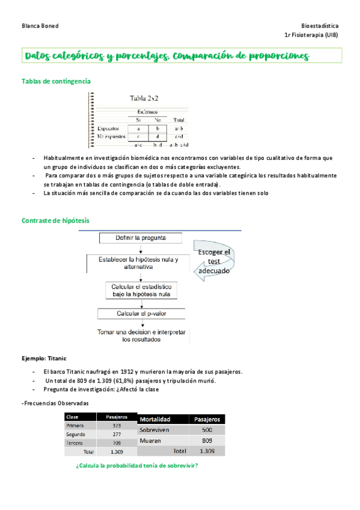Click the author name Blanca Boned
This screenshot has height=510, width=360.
(40, 26)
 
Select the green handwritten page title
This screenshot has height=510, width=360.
(168, 57)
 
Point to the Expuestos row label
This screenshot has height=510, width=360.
(108, 128)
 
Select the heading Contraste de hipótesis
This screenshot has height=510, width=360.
(55, 221)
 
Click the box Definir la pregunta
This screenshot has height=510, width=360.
(141, 238)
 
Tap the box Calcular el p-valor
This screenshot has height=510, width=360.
(141, 314)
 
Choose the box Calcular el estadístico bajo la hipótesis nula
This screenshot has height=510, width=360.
(141, 290)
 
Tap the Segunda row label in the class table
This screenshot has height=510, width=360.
(76, 434)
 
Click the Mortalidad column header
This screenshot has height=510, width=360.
(155, 419)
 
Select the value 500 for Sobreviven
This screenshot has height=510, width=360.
(207, 430)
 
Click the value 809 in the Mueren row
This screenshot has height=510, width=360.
(207, 441)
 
